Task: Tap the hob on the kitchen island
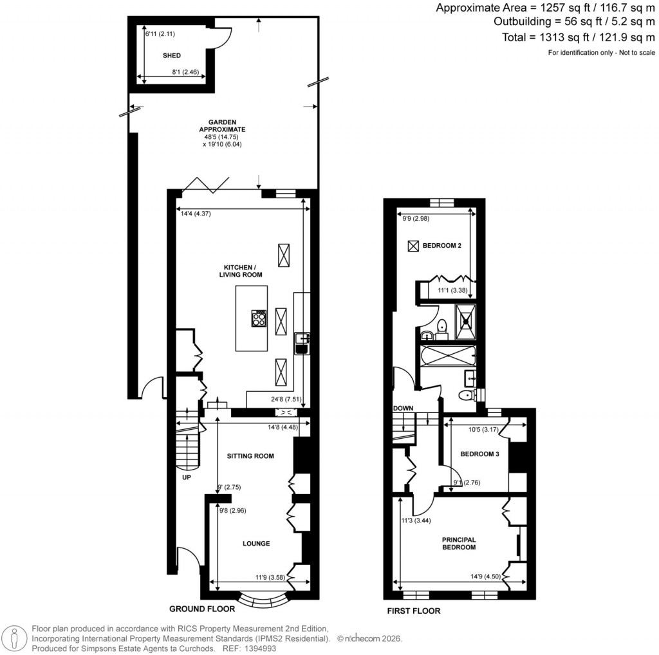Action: point(259,318)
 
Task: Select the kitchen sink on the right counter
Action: point(301,343)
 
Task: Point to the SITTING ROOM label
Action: point(250,456)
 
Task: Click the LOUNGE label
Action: point(255,544)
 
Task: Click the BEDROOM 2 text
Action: point(441,246)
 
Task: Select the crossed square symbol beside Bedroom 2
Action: point(413,246)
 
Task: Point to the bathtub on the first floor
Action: point(447,356)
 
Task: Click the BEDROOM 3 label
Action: point(480,454)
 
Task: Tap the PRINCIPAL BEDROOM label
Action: point(458,543)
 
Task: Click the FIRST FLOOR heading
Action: point(413,611)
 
